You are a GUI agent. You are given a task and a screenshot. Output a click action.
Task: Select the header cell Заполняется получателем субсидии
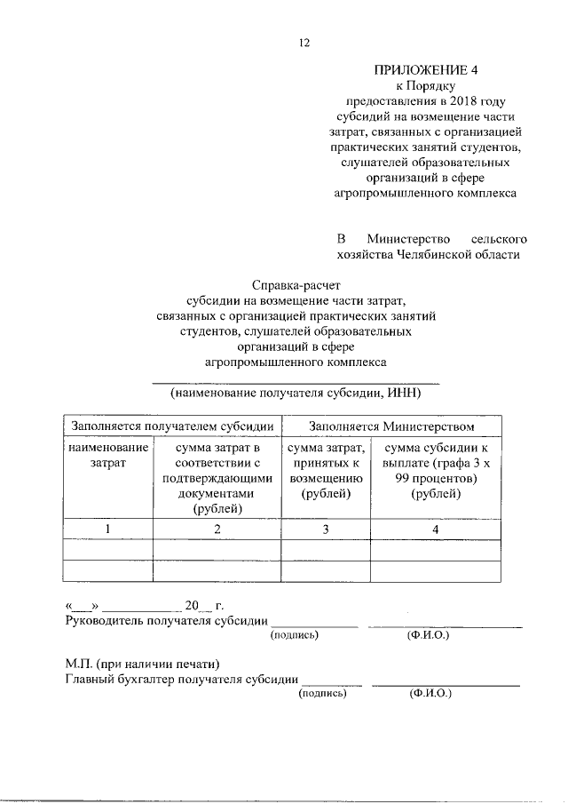[173, 427]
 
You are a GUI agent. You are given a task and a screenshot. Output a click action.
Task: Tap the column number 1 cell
[108, 529]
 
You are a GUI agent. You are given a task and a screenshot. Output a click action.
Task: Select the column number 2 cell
[217, 529]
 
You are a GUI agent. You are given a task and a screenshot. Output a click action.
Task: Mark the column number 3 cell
[326, 529]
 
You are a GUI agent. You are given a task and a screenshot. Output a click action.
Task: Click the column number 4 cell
[435, 529]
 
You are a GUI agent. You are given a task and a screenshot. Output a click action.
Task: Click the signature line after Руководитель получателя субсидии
[314, 625]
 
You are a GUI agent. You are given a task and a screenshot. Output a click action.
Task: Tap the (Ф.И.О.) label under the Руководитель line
[427, 636]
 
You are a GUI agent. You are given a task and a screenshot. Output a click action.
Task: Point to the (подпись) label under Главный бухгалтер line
[322, 694]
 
